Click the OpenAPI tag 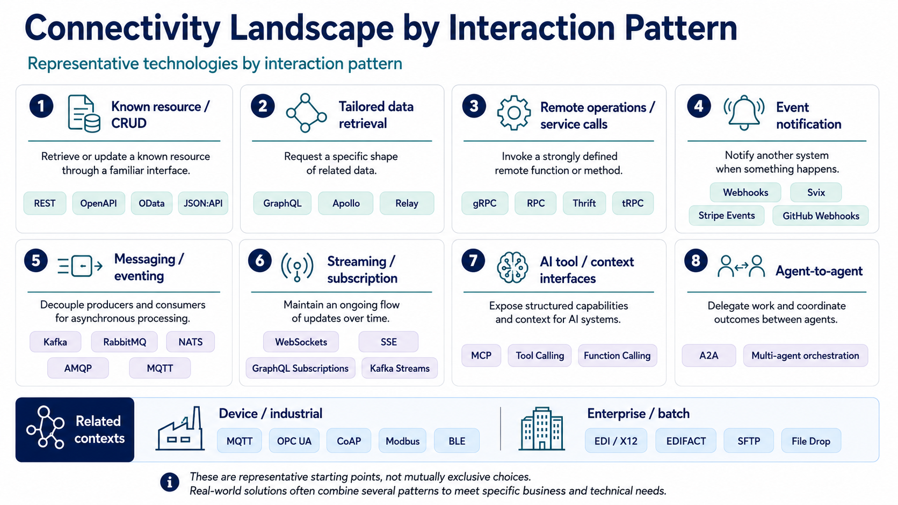click(99, 203)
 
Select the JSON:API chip click(203, 203)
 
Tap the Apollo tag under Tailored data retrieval click(346, 203)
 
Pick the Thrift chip click(584, 203)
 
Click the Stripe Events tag click(727, 215)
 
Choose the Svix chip click(816, 193)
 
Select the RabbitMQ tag click(124, 342)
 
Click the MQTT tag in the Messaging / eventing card click(160, 368)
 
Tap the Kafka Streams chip click(400, 368)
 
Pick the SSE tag click(388, 342)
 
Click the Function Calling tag click(618, 356)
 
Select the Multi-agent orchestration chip click(806, 356)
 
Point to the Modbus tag click(402, 441)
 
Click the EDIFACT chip click(686, 441)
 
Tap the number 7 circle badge click(473, 260)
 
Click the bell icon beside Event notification click(744, 113)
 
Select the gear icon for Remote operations click(514, 113)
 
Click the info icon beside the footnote click(170, 482)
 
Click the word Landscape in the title click(312, 28)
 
